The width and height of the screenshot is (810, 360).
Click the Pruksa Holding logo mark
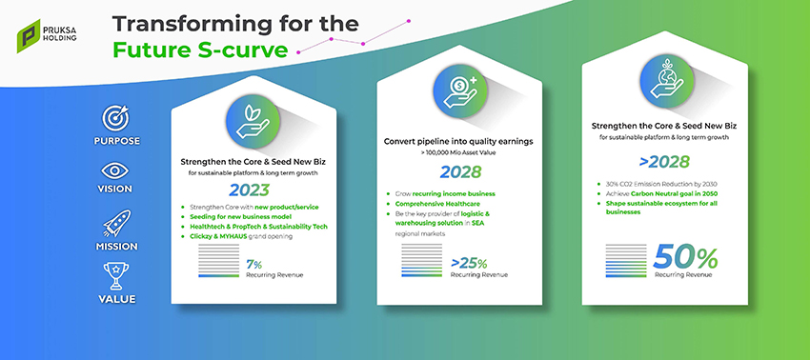pos(29,36)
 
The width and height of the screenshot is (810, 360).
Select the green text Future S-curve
pos(200,50)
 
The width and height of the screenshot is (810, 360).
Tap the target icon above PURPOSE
pos(115,119)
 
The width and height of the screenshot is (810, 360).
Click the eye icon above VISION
pos(115,170)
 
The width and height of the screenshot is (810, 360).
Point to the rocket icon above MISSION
pos(117,223)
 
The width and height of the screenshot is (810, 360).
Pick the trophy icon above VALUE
pos(116,276)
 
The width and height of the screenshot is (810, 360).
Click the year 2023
pos(250,190)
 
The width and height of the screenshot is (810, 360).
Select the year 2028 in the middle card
pos(461,171)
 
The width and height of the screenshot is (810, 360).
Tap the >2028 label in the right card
pos(664,162)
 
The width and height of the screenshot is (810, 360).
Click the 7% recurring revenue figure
pos(254,265)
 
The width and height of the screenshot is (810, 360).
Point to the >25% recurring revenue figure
pos(469,264)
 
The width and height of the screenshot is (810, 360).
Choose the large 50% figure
pos(685,258)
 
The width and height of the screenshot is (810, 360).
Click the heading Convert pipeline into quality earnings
pos(458,141)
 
